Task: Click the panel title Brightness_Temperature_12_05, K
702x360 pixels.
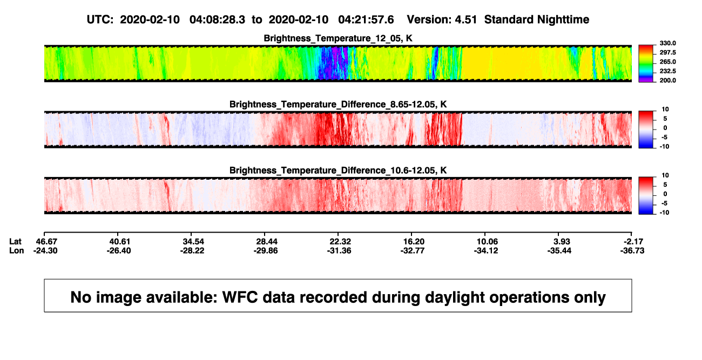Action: [338, 38]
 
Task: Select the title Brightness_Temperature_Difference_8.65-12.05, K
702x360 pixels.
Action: [338, 104]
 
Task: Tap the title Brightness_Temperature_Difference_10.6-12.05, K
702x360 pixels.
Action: [338, 171]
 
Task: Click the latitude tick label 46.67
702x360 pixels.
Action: [46, 242]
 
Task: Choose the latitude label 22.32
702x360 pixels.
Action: [340, 242]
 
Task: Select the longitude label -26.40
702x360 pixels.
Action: [119, 250]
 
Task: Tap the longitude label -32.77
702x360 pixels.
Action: [413, 250]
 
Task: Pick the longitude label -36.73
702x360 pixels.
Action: [632, 250]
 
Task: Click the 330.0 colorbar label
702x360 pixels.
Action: [667, 43]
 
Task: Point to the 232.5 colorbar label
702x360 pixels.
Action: [667, 71]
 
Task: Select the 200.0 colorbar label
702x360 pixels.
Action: [667, 80]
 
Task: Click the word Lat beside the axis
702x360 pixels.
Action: [15, 242]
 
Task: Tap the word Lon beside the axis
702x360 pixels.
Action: [16, 250]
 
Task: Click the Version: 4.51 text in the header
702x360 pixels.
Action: [442, 19]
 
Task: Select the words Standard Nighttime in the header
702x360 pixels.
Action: [537, 20]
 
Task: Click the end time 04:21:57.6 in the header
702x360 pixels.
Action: [366, 19]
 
